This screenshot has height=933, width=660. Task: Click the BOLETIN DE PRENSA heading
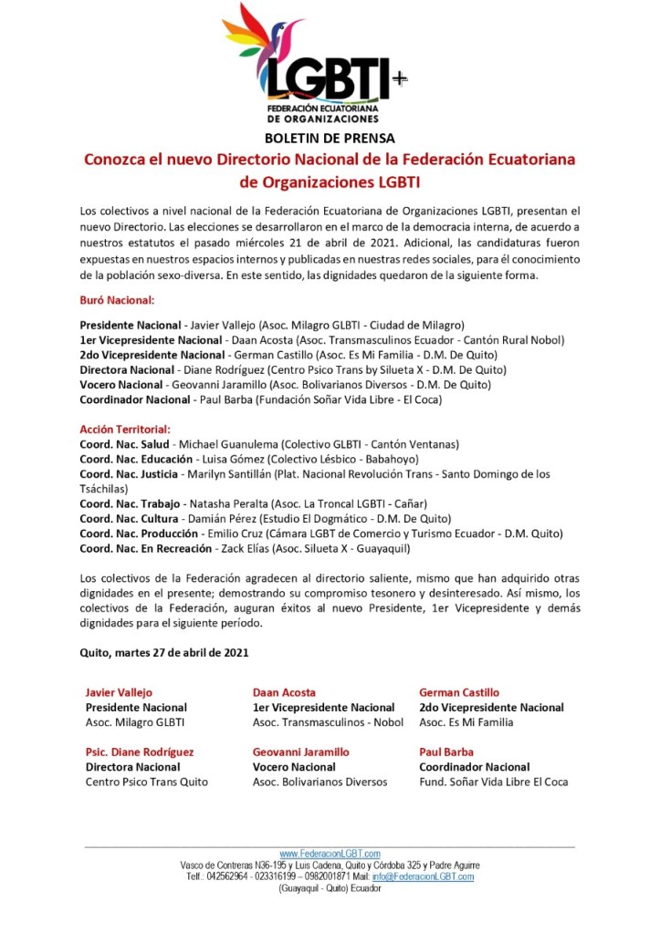click(x=330, y=139)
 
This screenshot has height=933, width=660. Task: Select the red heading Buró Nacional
click(x=117, y=299)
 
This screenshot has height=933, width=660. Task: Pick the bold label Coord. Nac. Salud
click(x=125, y=444)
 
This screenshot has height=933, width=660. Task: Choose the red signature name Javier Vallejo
click(x=119, y=692)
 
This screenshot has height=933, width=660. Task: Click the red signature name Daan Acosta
click(x=284, y=692)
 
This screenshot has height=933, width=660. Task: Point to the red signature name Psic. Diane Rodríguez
click(x=139, y=752)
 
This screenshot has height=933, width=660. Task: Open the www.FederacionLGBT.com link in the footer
click(x=330, y=853)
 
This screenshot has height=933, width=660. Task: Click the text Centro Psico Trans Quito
click(x=147, y=782)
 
